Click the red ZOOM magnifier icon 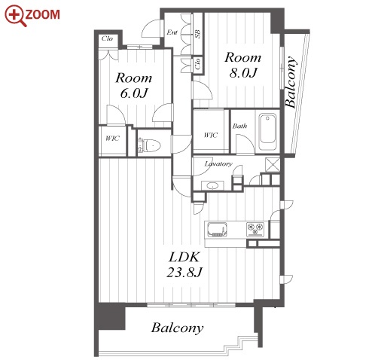[16, 16]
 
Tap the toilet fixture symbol [149, 146]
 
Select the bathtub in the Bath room [267, 132]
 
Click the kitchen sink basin [218, 230]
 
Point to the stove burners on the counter [255, 229]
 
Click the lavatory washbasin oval [213, 186]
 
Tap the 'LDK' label [184, 257]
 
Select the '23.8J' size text [184, 272]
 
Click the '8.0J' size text [243, 73]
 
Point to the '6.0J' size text [134, 93]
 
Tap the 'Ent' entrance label [172, 32]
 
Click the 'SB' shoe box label [198, 34]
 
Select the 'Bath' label [239, 126]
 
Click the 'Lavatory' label [218, 164]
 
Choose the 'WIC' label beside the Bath [210, 136]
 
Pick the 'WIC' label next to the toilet [112, 139]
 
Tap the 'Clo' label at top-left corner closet [107, 38]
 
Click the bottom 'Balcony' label [177, 328]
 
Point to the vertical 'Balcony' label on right [291, 82]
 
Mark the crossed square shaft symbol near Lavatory [273, 164]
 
